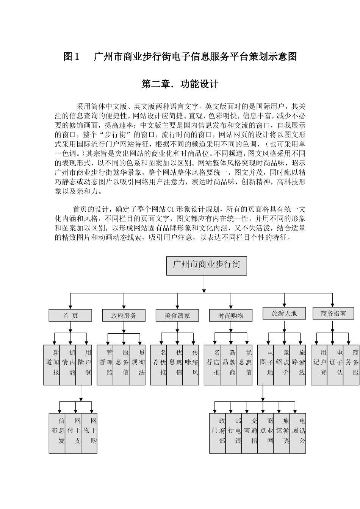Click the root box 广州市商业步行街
tap(207, 265)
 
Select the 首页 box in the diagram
tap(70, 315)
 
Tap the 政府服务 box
tap(124, 315)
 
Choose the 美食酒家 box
tap(177, 315)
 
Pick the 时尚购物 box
tap(230, 315)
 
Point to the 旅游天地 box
tap(284, 314)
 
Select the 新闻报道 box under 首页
tap(52, 365)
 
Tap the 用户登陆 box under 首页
tap(84, 365)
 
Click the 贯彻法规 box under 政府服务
tap(137, 365)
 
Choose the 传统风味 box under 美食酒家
tap(191, 365)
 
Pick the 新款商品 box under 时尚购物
tap(228, 365)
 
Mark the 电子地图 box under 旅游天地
tap(266, 365)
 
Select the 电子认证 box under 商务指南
tap(335, 365)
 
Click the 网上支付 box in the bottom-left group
tap(73, 433)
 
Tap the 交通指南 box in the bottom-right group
tap(250, 433)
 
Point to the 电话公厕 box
tap(298, 433)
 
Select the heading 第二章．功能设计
tap(180, 84)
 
